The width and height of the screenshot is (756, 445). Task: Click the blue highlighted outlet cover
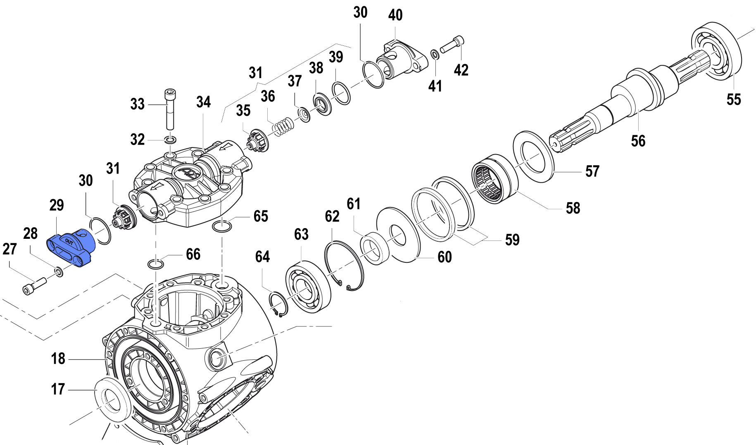[x=71, y=247]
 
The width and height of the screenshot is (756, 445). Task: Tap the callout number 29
[x=57, y=205]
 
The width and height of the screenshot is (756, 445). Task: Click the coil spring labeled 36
[x=283, y=126]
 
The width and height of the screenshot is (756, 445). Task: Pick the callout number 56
[x=638, y=141]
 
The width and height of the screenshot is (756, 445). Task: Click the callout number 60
[x=445, y=257]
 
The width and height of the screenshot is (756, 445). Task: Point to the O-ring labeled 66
[x=155, y=264]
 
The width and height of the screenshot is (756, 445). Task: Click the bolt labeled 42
[x=452, y=45]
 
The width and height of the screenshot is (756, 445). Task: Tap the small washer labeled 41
[x=435, y=54]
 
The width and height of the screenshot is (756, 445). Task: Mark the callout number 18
[x=58, y=359]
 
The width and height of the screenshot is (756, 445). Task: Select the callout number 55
[x=734, y=100]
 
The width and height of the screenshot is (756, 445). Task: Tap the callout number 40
[x=395, y=15]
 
